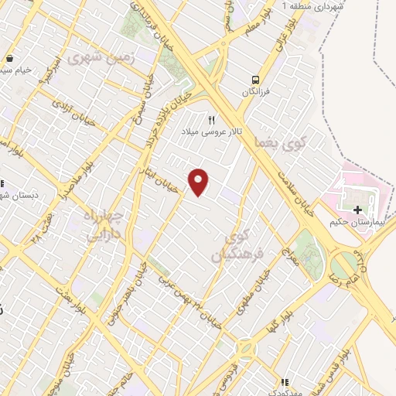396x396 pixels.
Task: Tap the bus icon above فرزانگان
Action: [254, 80]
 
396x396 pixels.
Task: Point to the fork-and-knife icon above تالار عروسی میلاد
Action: [210, 120]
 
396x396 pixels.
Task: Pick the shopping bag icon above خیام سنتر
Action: [9, 59]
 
